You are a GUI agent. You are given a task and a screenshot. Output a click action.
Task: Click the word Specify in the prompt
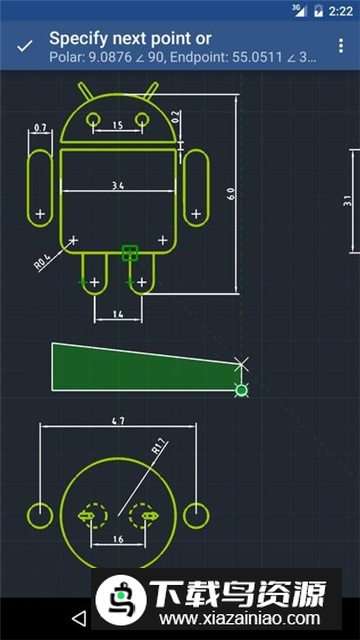tap(79, 39)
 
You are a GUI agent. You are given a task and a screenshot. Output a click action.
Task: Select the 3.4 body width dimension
tap(118, 185)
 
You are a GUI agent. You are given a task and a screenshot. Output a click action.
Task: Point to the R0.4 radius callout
tap(43, 262)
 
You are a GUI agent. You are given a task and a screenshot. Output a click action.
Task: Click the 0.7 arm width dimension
tap(40, 129)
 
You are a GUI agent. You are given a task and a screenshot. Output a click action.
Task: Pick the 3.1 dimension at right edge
tap(347, 200)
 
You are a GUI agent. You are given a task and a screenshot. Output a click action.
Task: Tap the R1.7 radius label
tap(157, 450)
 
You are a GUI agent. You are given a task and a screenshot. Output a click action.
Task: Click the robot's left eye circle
tap(93, 119)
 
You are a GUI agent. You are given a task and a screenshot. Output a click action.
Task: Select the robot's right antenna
tap(150, 93)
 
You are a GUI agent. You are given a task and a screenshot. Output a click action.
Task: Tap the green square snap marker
tap(128, 254)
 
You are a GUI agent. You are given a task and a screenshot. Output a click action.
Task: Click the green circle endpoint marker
tap(241, 389)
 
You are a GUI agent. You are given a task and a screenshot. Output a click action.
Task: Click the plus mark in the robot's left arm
tap(40, 214)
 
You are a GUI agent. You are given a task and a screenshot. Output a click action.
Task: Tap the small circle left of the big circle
tap(39, 515)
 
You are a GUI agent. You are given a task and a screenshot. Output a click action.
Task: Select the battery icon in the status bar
tap(319, 10)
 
